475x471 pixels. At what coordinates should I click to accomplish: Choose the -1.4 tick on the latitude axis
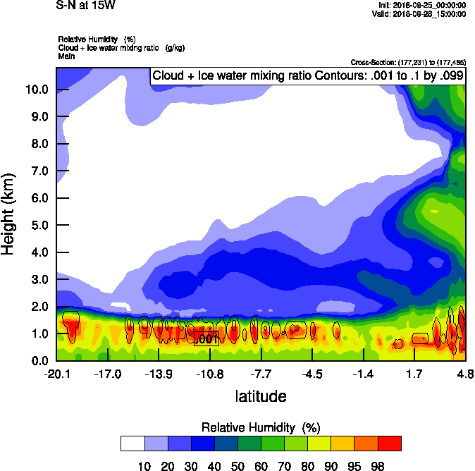[x=362, y=374]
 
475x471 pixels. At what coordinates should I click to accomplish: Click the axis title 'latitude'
[x=261, y=396]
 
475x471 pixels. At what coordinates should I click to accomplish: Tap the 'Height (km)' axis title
[x=8, y=213]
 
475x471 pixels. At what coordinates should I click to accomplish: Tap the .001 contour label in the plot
[x=206, y=339]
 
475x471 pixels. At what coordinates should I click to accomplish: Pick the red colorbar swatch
[x=390, y=443]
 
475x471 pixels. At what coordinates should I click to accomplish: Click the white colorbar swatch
[x=132, y=443]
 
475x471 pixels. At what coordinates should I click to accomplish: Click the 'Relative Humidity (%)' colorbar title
[x=261, y=427]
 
